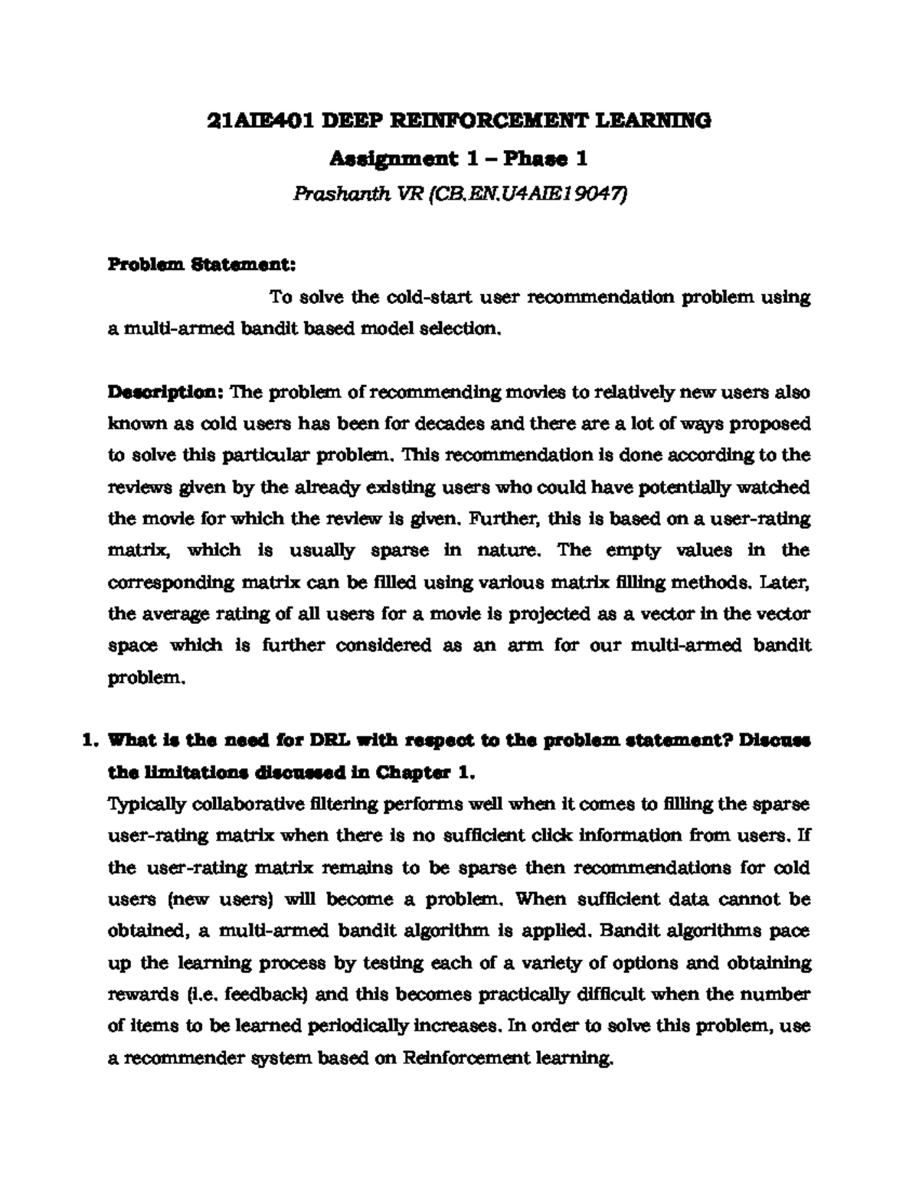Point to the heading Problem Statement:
point(201,265)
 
